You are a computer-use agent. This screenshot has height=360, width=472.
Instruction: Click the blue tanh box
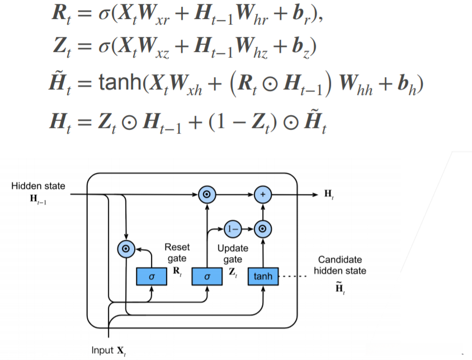(263, 276)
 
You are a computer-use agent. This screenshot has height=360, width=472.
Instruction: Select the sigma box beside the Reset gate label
(151, 276)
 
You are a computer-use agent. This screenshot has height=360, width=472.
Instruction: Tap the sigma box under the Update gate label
(207, 276)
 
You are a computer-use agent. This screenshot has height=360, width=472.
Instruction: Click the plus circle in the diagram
(262, 194)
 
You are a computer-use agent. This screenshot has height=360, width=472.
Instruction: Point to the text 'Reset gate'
(177, 253)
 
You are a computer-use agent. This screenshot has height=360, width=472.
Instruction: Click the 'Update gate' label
(233, 253)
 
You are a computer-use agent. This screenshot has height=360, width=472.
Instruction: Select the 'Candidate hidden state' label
(340, 265)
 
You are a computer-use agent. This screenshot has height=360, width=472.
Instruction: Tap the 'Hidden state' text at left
(37, 186)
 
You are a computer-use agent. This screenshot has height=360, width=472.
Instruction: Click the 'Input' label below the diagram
(102, 350)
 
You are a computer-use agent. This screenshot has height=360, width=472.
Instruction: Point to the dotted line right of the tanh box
(292, 277)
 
